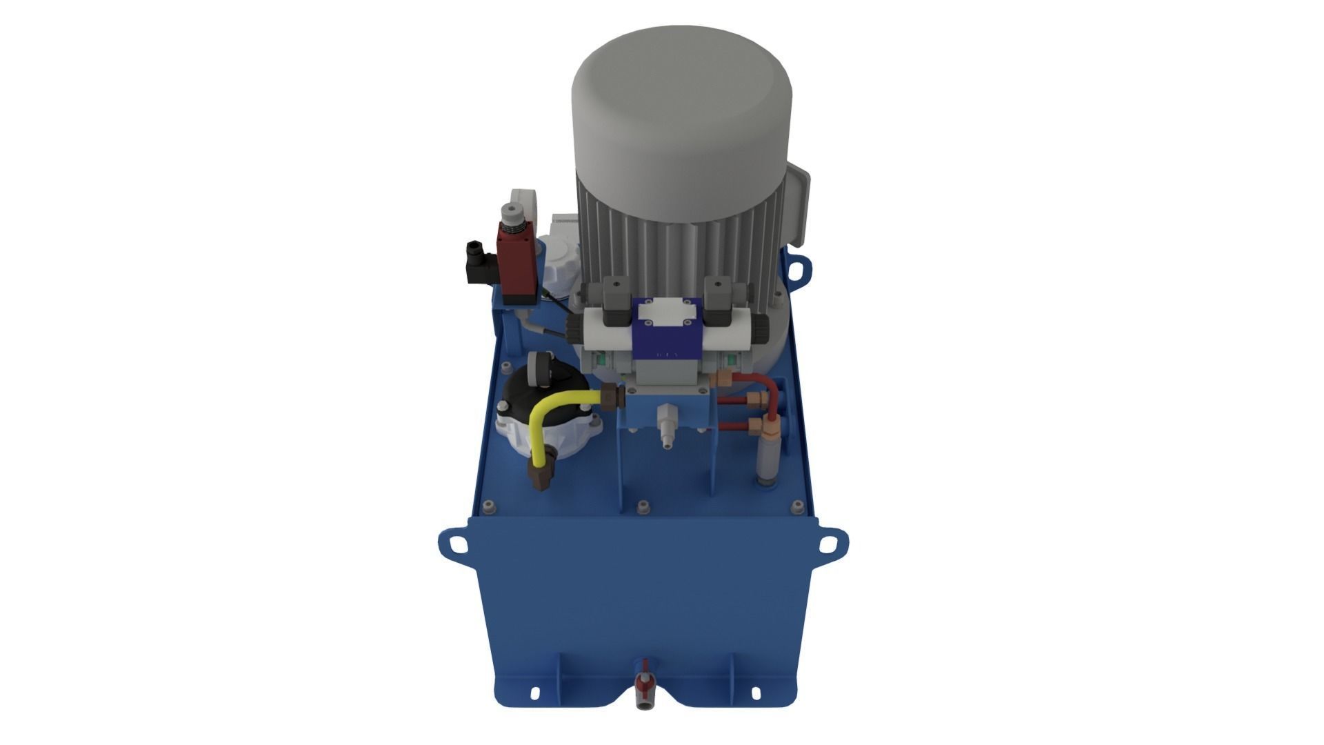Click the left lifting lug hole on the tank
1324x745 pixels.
(x=456, y=545)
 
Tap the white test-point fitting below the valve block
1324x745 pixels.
(x=665, y=424)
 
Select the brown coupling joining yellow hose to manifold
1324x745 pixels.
(x=612, y=397)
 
